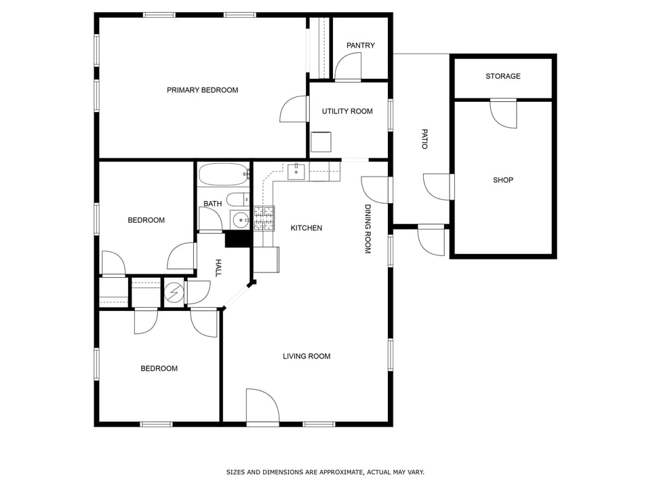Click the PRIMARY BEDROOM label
[x=202, y=90]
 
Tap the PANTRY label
[x=360, y=46]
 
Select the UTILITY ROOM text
[x=347, y=111]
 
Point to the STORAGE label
[x=503, y=76]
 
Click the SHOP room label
[x=503, y=180]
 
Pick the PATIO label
[x=425, y=139]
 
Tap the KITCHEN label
[x=307, y=228]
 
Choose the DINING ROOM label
[x=368, y=229]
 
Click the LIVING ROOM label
[x=307, y=356]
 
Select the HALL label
[x=218, y=268]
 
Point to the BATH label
[x=212, y=204]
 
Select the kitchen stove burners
[x=264, y=217]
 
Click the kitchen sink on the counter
[x=296, y=172]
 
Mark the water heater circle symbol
[x=174, y=293]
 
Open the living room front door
[x=262, y=407]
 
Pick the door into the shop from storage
[x=503, y=113]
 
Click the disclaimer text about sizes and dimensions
[x=325, y=472]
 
